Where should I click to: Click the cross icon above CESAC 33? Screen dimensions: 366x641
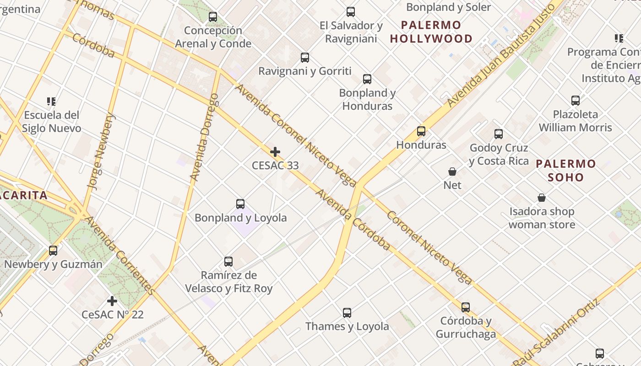(x=275, y=152)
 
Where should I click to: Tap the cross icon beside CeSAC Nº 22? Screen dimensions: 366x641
(x=112, y=301)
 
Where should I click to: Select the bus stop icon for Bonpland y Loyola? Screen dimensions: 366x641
(x=240, y=204)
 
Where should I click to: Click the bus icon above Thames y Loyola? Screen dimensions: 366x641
(x=347, y=313)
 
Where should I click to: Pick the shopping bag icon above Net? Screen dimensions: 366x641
(x=452, y=172)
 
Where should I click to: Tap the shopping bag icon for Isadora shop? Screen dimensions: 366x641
(x=542, y=198)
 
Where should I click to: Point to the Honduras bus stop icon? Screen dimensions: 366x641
(x=421, y=131)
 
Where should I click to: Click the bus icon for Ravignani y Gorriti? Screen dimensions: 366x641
(x=305, y=58)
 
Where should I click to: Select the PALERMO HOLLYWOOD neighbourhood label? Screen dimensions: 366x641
(x=431, y=32)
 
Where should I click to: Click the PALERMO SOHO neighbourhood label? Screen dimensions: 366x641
(x=566, y=170)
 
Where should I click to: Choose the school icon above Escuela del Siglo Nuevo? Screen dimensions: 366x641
(x=51, y=101)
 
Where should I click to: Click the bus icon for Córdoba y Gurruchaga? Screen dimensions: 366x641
(x=466, y=307)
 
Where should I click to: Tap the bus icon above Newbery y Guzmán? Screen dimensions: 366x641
(x=53, y=251)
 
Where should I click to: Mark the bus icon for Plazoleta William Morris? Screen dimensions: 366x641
(x=576, y=101)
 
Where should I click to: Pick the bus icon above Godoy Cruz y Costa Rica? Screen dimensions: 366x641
(x=499, y=134)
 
